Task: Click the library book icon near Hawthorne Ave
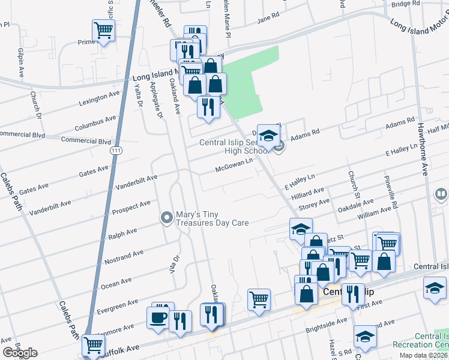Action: point(441,194)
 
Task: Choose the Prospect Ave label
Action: point(131,207)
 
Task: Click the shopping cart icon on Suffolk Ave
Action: point(93,345)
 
